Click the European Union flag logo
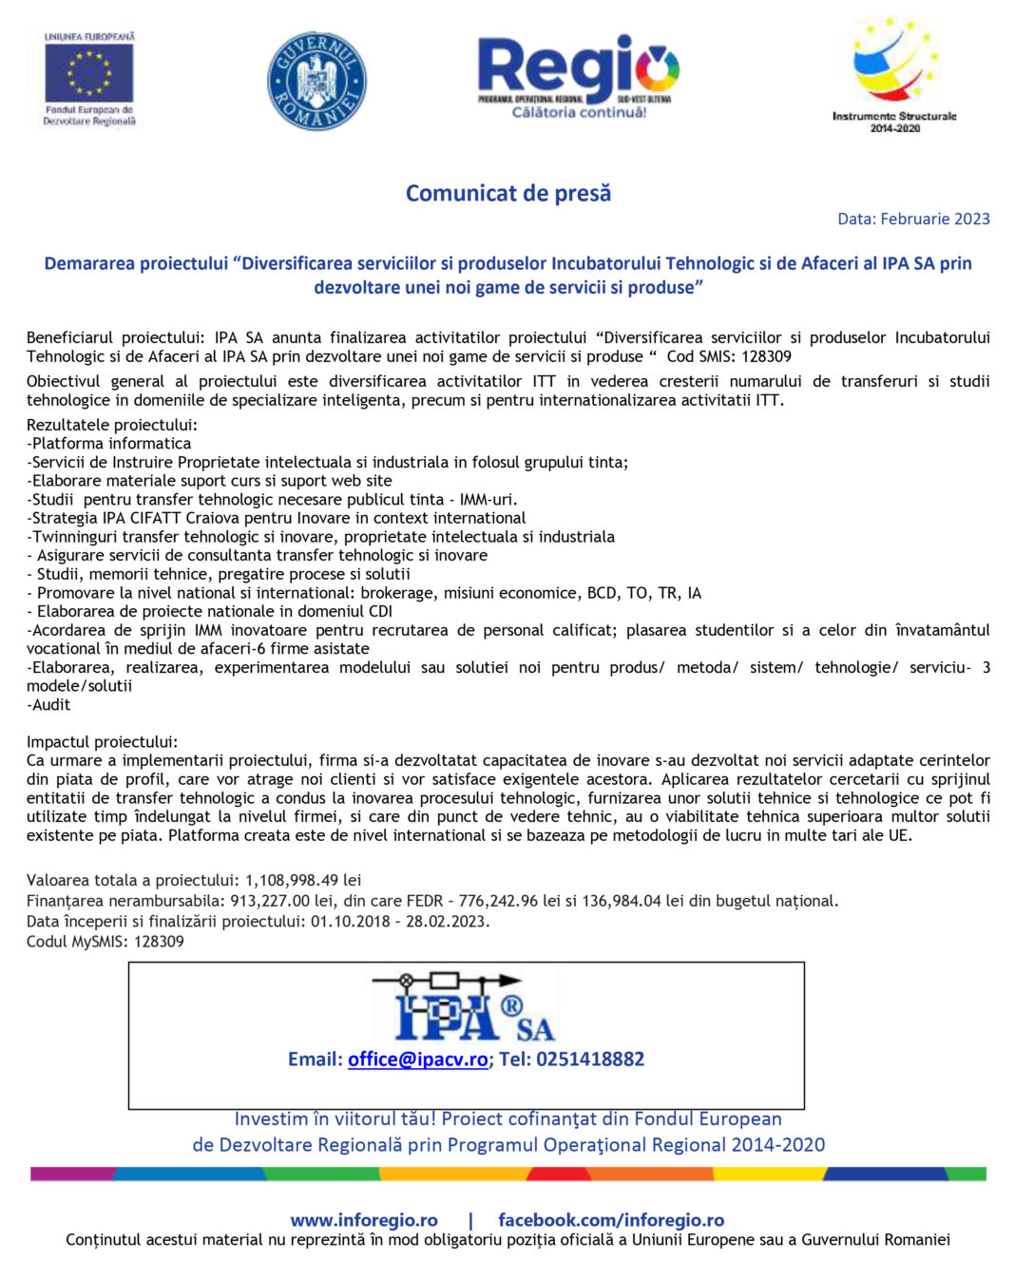click(89, 73)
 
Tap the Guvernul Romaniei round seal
click(316, 81)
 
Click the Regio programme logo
click(578, 76)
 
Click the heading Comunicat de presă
click(508, 193)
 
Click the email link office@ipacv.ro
click(417, 1059)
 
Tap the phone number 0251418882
click(590, 1059)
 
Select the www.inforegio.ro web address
click(364, 1219)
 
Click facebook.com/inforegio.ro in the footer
click(611, 1219)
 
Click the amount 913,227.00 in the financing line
click(270, 900)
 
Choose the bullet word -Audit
click(48, 704)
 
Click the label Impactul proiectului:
click(102, 741)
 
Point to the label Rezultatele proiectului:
click(112, 425)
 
